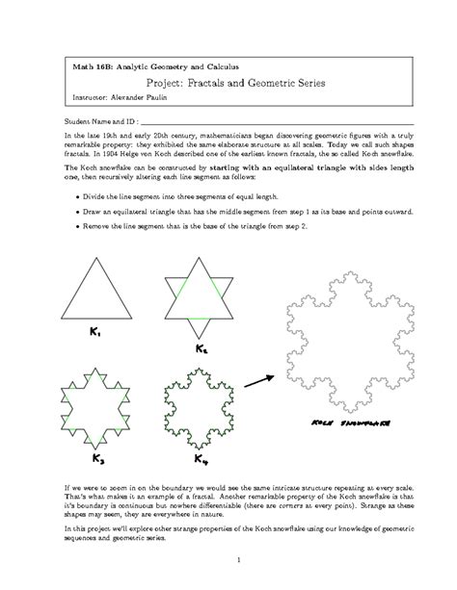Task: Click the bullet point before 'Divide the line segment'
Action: point(76,193)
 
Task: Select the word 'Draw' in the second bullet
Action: point(94,209)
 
